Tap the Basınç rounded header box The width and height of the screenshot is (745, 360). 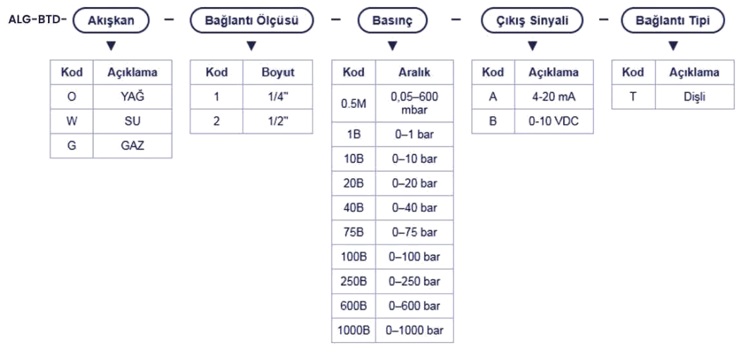point(392,20)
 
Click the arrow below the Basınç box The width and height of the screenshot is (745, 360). point(392,46)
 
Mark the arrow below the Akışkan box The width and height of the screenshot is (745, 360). point(110,46)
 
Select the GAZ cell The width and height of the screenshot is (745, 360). point(128,145)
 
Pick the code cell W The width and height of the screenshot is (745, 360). point(71,121)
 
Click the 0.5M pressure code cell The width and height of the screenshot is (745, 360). point(353,104)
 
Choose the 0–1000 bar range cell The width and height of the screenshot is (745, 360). point(415,330)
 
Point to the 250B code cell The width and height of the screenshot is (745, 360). point(353,281)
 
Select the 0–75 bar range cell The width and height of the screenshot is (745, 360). point(415,232)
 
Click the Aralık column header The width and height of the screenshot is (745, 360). point(415,72)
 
